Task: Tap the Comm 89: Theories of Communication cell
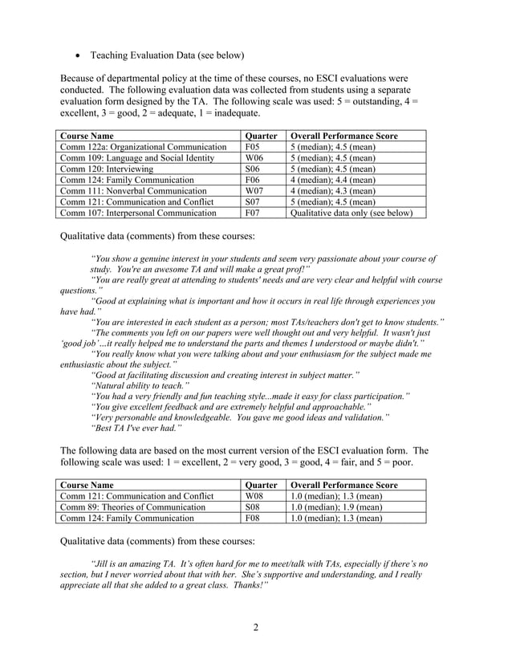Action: (x=128, y=507)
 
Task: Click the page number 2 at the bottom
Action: (x=255, y=628)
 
